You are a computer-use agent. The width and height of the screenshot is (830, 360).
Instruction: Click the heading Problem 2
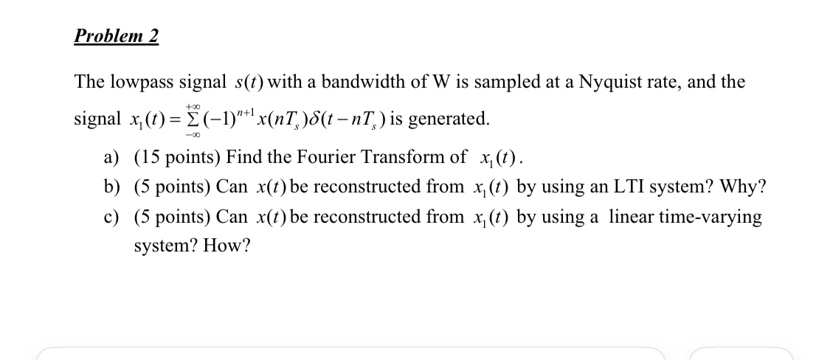click(117, 36)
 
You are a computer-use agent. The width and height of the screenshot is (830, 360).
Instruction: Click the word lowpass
click(144, 82)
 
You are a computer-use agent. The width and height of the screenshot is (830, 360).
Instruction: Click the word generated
click(450, 118)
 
